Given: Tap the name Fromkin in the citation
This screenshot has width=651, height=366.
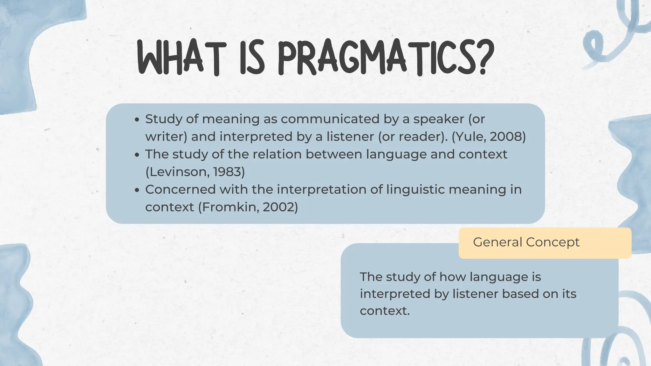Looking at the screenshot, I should click(x=230, y=207).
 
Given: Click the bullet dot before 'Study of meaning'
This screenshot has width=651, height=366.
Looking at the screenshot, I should click(x=137, y=120).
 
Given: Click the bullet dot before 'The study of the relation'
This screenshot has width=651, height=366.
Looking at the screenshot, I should click(x=137, y=155).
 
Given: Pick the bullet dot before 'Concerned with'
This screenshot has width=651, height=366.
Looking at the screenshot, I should click(x=137, y=190).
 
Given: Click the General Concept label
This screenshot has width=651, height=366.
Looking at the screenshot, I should click(x=526, y=242).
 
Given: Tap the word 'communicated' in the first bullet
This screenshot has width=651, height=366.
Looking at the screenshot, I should click(x=330, y=119).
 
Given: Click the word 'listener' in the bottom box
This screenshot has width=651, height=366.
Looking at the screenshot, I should click(x=475, y=294).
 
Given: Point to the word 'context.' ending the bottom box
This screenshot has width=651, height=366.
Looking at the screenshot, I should click(x=385, y=311).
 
